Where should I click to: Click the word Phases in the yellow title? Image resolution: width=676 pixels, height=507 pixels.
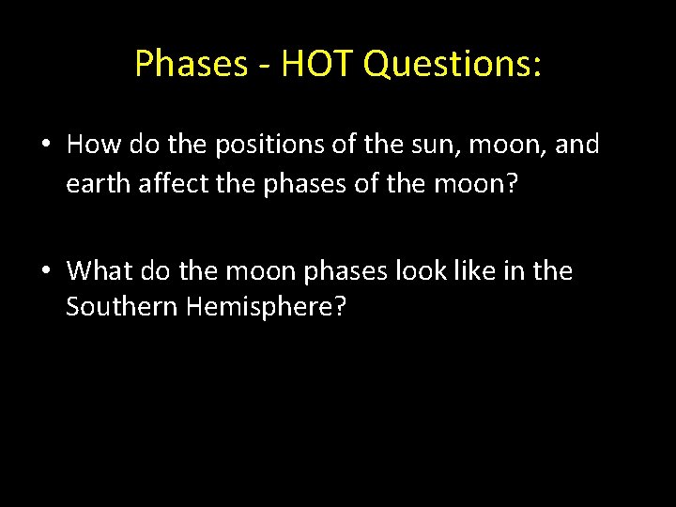coord(188,64)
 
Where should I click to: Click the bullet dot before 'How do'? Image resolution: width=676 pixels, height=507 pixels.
coord(47,146)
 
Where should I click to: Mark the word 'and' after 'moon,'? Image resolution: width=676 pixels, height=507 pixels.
coord(576,146)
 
